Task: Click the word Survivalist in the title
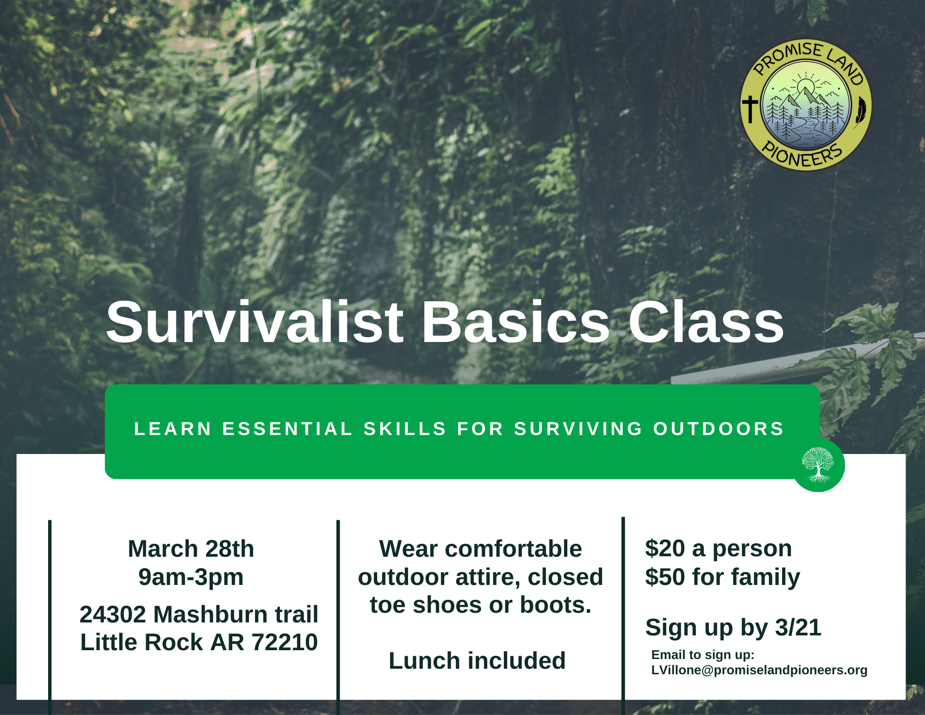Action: coord(255,323)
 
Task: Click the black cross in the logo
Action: coord(750,109)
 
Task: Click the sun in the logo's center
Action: coord(806,87)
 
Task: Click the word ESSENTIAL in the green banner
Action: coord(287,429)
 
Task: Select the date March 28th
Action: coord(191,549)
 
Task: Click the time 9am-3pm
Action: coord(191,577)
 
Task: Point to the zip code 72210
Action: coord(285,642)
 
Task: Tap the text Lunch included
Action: coord(477,660)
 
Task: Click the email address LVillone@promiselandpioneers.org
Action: coord(759,670)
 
